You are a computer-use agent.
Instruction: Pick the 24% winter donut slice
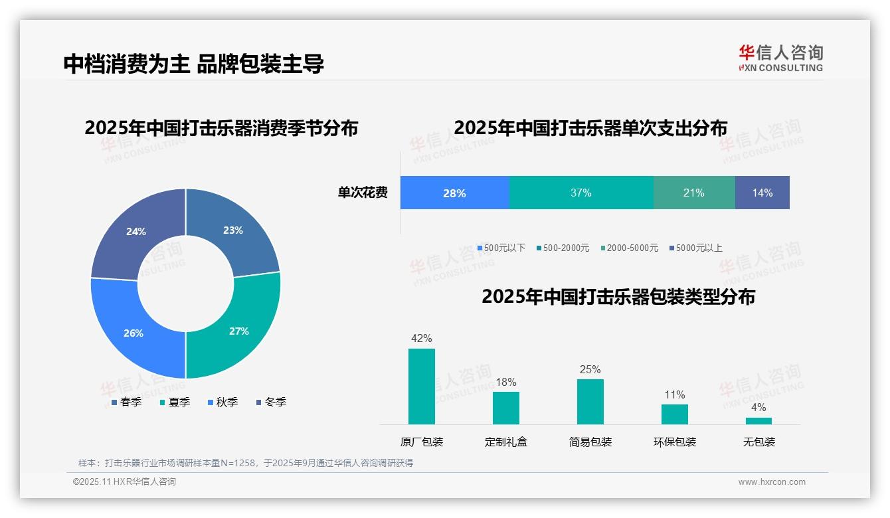click(136, 231)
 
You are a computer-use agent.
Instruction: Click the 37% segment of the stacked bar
click(580, 193)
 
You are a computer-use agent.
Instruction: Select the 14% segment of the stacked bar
click(762, 193)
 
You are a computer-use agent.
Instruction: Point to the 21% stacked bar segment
click(693, 193)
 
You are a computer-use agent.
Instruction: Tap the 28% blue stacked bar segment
click(454, 193)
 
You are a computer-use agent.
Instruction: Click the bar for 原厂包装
click(421, 386)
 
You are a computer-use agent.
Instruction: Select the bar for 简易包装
click(590, 401)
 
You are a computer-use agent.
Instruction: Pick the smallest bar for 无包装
click(758, 420)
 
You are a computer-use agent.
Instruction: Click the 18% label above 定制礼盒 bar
click(505, 383)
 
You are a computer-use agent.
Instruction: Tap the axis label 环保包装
click(674, 442)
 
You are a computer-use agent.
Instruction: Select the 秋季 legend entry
click(222, 402)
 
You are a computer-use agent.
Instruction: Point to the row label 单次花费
click(363, 193)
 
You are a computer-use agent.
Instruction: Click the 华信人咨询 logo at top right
click(780, 58)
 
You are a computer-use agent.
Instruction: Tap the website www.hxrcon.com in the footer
click(771, 482)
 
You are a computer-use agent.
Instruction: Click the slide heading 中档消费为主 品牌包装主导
click(193, 64)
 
